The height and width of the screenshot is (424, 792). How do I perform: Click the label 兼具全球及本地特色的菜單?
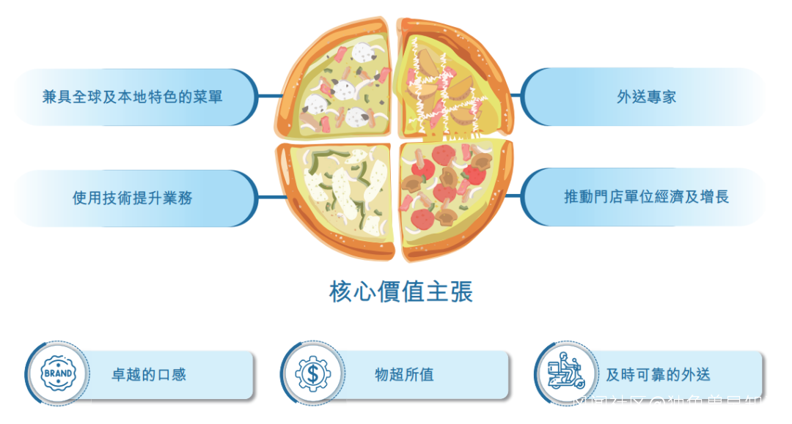pos(133,97)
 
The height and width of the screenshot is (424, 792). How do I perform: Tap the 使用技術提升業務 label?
pos(133,197)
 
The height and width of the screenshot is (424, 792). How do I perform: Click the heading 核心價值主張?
pos(401,291)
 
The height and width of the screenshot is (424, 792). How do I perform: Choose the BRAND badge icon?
pos(58,373)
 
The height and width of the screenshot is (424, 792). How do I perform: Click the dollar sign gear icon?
pos(313,373)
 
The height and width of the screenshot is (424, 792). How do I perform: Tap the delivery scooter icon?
pos(568,373)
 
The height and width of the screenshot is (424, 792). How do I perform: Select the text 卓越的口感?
pos(148,375)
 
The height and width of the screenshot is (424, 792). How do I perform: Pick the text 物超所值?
pos(404,375)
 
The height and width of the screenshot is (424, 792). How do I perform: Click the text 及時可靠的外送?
pos(658,375)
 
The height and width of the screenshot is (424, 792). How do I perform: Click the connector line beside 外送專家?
pos(516,95)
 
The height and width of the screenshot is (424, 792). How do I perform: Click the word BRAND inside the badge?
pos(58,373)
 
